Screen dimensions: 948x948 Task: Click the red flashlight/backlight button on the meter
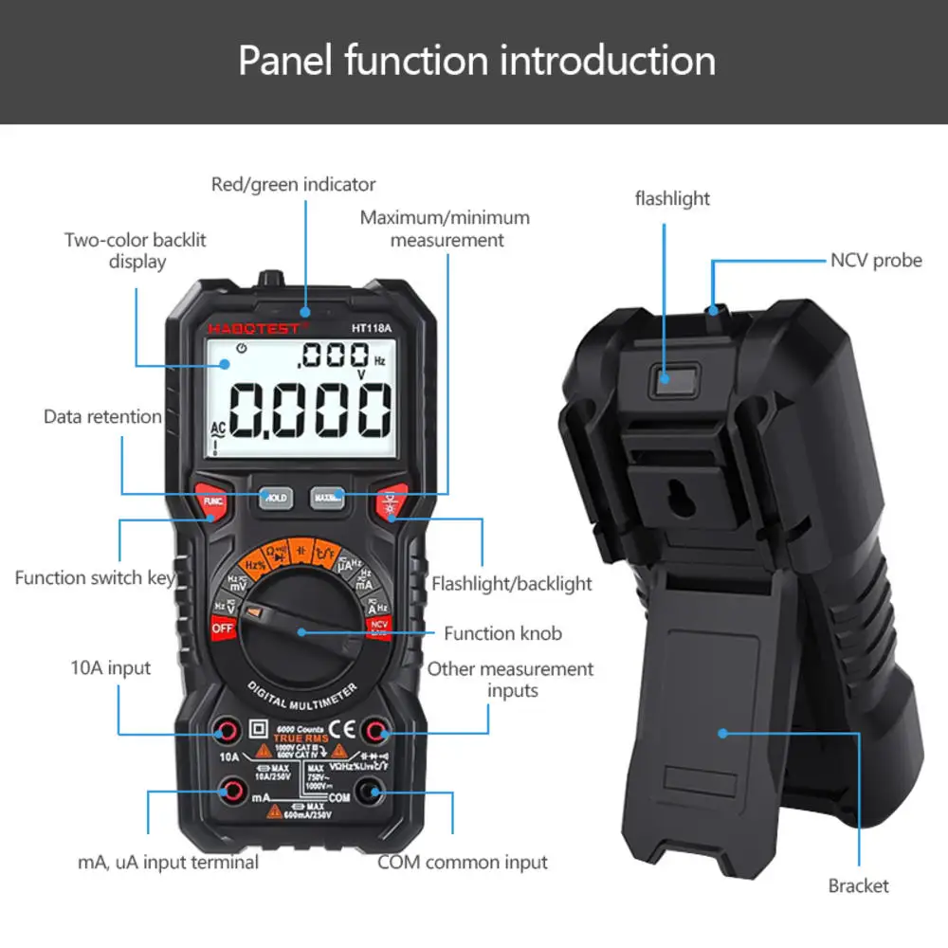tap(391, 501)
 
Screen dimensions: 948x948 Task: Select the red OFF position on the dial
tap(223, 627)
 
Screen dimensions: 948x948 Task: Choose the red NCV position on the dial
tap(379, 627)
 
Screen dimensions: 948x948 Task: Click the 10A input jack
tap(228, 730)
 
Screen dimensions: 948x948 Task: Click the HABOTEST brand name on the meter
tap(253, 328)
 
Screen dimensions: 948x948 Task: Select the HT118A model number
tap(373, 328)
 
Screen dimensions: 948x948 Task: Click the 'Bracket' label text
tap(858, 885)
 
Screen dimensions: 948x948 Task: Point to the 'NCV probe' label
tap(876, 260)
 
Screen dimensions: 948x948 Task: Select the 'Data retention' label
tap(102, 416)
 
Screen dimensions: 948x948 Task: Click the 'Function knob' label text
tap(502, 633)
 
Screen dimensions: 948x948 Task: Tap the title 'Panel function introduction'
tap(477, 60)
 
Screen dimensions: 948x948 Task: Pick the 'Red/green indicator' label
tap(293, 184)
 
